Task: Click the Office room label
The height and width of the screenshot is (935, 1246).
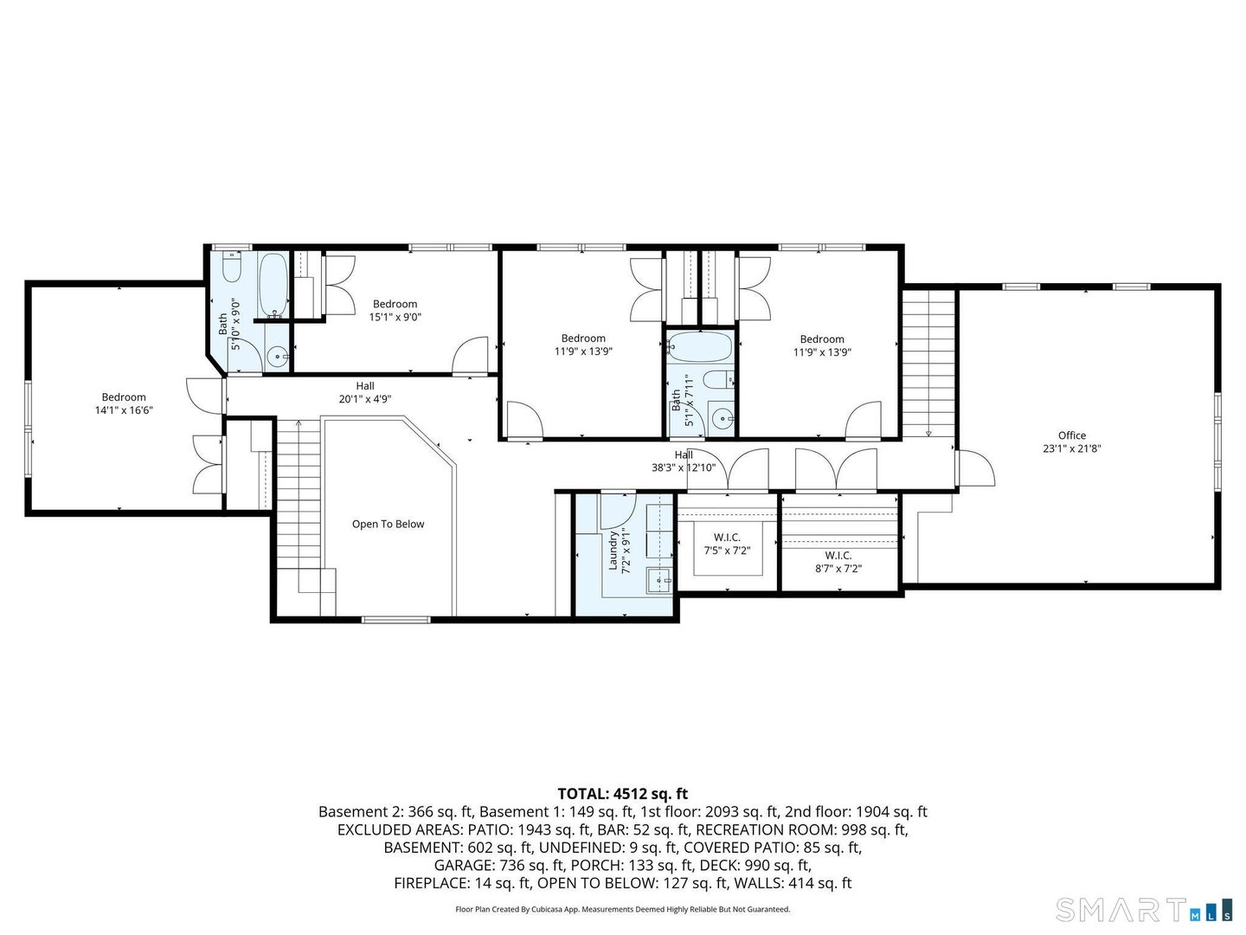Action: coord(1072,435)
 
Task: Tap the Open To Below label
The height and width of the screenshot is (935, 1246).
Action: coord(388,524)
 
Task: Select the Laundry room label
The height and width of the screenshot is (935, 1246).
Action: coord(613,551)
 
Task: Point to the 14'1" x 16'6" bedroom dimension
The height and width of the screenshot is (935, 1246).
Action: coord(124,409)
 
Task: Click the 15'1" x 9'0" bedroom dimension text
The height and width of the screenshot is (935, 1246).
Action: coord(395,317)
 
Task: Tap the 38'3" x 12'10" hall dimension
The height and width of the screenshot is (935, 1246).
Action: coord(684,467)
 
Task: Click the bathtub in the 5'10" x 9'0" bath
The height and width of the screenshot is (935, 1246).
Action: coord(273,286)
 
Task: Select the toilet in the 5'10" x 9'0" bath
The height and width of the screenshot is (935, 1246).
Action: coord(232,268)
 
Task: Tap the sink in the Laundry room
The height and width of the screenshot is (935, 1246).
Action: coord(659,580)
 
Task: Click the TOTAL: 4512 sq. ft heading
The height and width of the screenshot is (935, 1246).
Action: coord(623,794)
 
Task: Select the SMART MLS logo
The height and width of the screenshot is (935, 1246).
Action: coord(1144,909)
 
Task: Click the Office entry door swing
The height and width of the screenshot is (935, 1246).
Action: coord(976,467)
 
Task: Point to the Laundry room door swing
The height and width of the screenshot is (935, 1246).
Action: coord(617,510)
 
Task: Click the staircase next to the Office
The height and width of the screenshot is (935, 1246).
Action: coord(928,364)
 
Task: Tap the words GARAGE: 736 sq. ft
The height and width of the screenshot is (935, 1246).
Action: coord(499,865)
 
